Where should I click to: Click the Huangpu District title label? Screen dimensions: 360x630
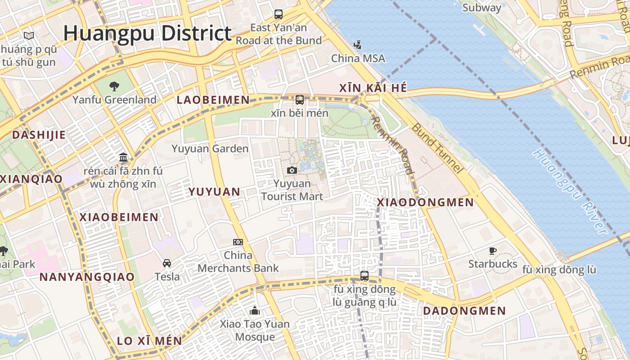[x=147, y=34]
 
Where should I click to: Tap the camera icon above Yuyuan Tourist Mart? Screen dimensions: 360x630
[x=292, y=170]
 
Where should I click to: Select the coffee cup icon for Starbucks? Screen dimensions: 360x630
[x=493, y=251]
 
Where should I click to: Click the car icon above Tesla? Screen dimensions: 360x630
[x=167, y=263]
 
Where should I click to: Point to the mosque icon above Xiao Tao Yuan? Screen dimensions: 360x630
[x=255, y=310]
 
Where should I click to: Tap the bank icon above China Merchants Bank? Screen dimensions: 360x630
[x=238, y=242]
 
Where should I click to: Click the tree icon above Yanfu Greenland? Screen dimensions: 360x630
[x=114, y=86]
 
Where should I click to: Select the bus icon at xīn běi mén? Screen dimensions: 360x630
[x=300, y=100]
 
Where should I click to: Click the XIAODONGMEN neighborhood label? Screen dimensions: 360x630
[x=425, y=202]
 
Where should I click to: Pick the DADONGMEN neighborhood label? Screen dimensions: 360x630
[x=464, y=310]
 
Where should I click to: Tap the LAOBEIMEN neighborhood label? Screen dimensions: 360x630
[x=213, y=100]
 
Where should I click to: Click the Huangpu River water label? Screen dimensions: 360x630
[x=569, y=191]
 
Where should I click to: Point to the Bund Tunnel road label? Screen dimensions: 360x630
[x=437, y=148]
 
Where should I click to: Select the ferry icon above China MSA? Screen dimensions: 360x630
[x=358, y=45]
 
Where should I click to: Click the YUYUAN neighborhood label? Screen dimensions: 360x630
[x=214, y=192]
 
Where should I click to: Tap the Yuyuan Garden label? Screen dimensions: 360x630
[x=210, y=148]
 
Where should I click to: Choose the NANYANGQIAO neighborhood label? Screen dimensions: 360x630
[x=87, y=277]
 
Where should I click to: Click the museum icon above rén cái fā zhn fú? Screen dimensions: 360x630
[x=123, y=157]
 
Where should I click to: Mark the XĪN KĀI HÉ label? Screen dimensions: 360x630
[x=373, y=88]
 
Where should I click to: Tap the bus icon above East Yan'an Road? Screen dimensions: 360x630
[x=279, y=14]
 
